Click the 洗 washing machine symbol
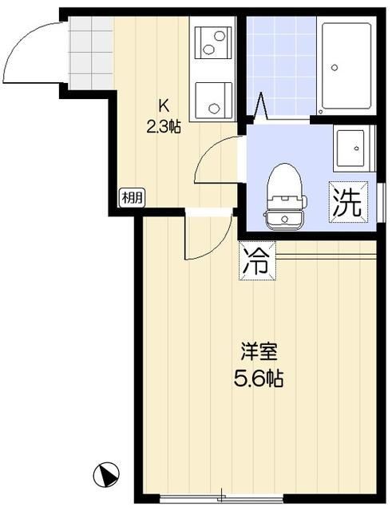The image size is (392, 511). point(346,201)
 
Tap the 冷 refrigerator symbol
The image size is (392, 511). point(256,261)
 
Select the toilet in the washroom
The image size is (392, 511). point(283,195)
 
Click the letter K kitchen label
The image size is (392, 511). point(163,104)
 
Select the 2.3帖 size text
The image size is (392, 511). point(163,125)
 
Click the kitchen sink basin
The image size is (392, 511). point(213,42)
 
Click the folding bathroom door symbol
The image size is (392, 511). point(261,106)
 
